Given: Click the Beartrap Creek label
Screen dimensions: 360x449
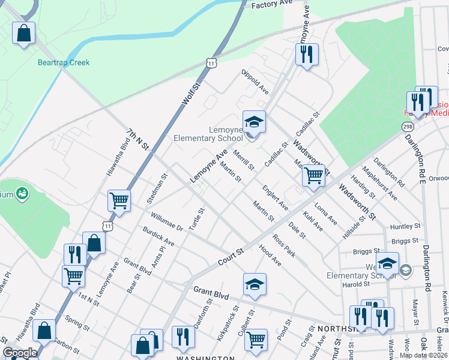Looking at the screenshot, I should coord(64,62).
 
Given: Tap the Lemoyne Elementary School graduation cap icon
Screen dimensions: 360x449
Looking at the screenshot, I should coord(253,121).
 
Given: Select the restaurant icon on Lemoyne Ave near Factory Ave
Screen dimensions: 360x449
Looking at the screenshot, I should coord(307,55).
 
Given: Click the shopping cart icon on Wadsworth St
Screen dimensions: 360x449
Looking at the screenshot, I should coord(313,175).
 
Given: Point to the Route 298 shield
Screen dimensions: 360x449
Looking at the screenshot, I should coord(406,127).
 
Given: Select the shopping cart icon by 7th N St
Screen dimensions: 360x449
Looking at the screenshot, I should coord(119,200).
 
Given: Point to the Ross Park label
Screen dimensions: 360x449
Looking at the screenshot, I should coord(283,245).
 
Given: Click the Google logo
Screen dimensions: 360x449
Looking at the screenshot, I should coord(20,353).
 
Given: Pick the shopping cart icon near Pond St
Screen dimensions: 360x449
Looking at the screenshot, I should coord(256,339).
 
